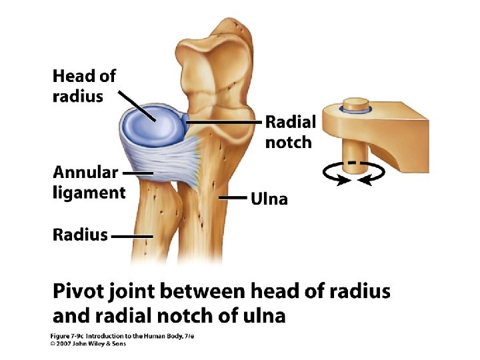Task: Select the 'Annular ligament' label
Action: point(89,183)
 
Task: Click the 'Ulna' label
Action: point(269,199)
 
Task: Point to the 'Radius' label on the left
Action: point(80,235)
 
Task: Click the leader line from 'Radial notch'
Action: point(223,123)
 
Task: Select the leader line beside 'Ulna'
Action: point(233,198)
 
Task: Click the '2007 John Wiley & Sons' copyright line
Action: point(90,344)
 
